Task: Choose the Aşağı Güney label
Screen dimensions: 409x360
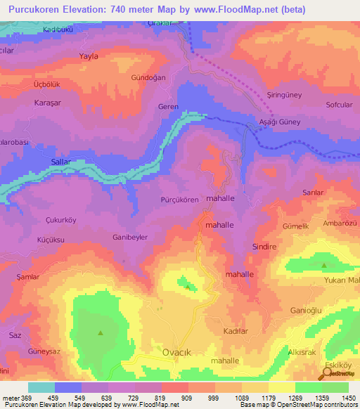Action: [279, 122]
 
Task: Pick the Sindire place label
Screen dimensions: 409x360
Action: [266, 247]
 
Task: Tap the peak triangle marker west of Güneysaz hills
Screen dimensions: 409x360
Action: [101, 332]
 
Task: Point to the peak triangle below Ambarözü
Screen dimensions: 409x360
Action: [324, 266]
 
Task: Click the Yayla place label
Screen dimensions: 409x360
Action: [89, 56]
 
